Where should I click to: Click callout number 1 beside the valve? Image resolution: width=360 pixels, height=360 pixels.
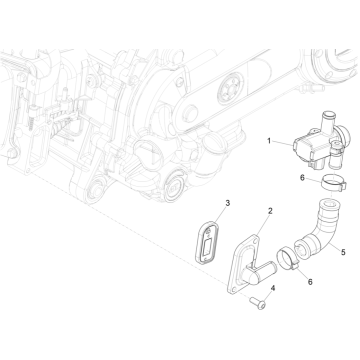[x=269, y=141]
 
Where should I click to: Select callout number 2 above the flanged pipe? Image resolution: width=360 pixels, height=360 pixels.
[x=270, y=211]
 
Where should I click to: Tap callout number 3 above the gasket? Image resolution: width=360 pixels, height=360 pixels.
[x=228, y=203]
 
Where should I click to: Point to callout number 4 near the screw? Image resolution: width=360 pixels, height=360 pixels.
[x=273, y=288]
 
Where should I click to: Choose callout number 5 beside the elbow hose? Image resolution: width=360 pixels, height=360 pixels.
[x=343, y=252]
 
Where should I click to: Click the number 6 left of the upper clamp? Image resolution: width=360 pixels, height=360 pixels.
[x=302, y=178]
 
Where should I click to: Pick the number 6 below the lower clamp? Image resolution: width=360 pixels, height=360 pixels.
[x=310, y=282]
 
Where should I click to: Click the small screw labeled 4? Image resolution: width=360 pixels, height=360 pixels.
[x=258, y=303]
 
